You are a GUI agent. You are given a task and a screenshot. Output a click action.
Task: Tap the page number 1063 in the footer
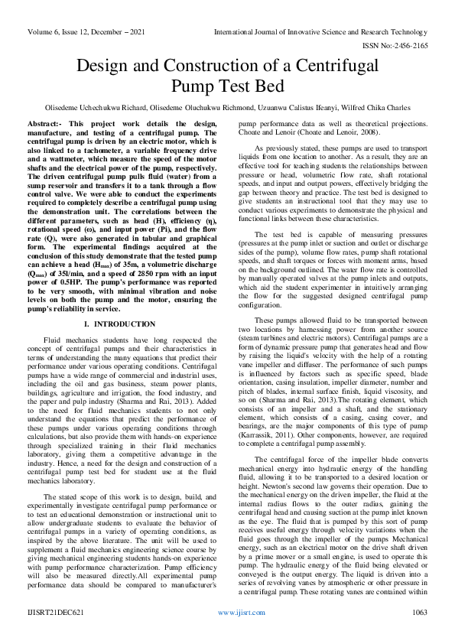[x=419, y=634]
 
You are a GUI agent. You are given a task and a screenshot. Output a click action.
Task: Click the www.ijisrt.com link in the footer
[x=241, y=634]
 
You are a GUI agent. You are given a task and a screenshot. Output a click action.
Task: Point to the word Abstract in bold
[x=43, y=124]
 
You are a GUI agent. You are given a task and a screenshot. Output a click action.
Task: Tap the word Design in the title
[x=106, y=67]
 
